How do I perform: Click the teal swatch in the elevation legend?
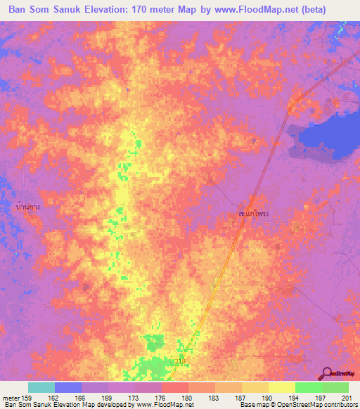[41, 387]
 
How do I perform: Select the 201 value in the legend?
[345, 398]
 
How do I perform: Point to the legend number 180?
[186, 398]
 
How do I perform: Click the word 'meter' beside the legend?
[11, 398]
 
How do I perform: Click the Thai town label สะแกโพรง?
[254, 212]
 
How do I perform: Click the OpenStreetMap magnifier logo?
[327, 373]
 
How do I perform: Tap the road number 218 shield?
[180, 361]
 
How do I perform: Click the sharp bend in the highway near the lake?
[289, 107]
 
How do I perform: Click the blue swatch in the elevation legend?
[68, 387]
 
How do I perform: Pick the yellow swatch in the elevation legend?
[281, 387]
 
